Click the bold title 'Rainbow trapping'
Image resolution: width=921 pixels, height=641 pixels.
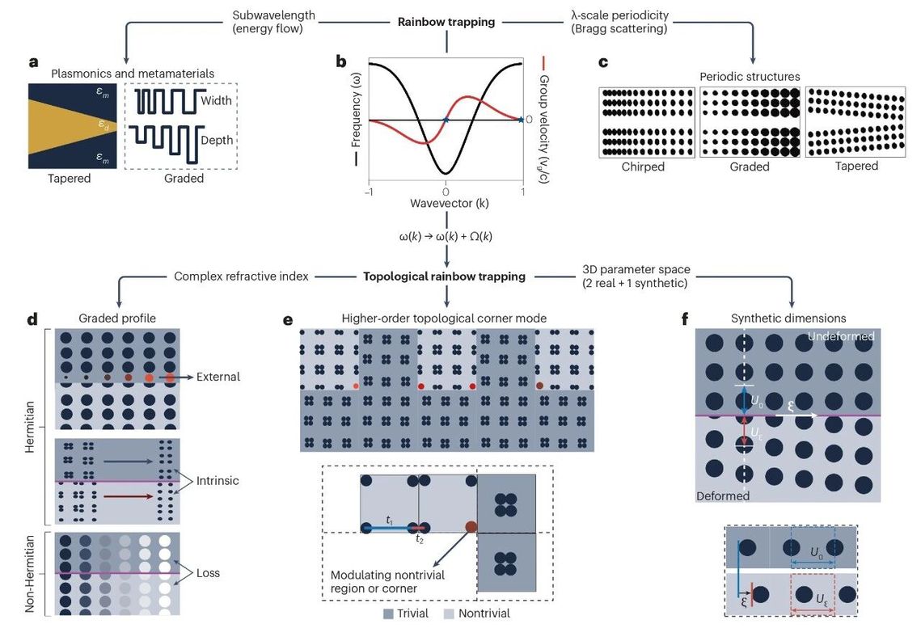tap(446, 22)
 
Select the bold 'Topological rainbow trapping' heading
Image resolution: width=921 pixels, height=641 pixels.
tap(445, 276)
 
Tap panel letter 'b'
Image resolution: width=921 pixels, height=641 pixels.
tap(341, 62)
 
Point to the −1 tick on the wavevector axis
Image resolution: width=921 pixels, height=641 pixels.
tap(369, 192)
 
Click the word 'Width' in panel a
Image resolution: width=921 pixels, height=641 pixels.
tap(216, 101)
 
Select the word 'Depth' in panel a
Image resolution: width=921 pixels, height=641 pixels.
tap(216, 140)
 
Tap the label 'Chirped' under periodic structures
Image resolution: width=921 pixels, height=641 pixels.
tap(643, 167)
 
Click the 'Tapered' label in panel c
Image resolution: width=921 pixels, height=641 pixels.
tap(856, 167)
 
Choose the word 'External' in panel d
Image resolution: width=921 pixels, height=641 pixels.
tap(218, 377)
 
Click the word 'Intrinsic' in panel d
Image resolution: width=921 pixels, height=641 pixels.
tap(218, 481)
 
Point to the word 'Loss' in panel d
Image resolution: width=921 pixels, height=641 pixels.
tap(207, 573)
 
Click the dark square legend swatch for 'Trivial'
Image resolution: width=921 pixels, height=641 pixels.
tap(388, 614)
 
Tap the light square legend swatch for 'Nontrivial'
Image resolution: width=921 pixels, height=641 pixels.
tap(450, 614)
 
